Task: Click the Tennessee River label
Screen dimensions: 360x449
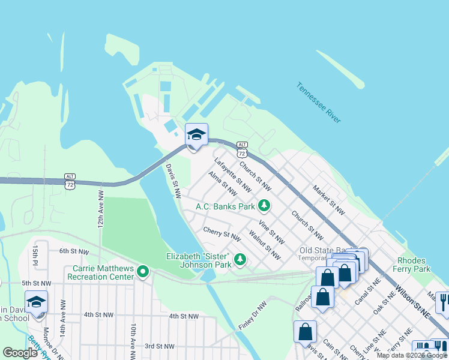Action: pyautogui.click(x=319, y=103)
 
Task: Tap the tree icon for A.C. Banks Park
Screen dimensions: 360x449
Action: pyautogui.click(x=264, y=206)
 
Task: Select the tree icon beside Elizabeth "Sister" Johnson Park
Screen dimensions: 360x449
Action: pyautogui.click(x=240, y=259)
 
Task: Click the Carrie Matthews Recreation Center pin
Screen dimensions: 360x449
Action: pyautogui.click(x=142, y=272)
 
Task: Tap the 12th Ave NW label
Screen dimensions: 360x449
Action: pyautogui.click(x=101, y=209)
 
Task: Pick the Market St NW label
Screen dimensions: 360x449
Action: pyautogui.click(x=328, y=200)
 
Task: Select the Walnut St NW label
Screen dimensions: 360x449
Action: pyautogui.click(x=265, y=246)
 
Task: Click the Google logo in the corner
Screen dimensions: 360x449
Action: pyautogui.click(x=20, y=352)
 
